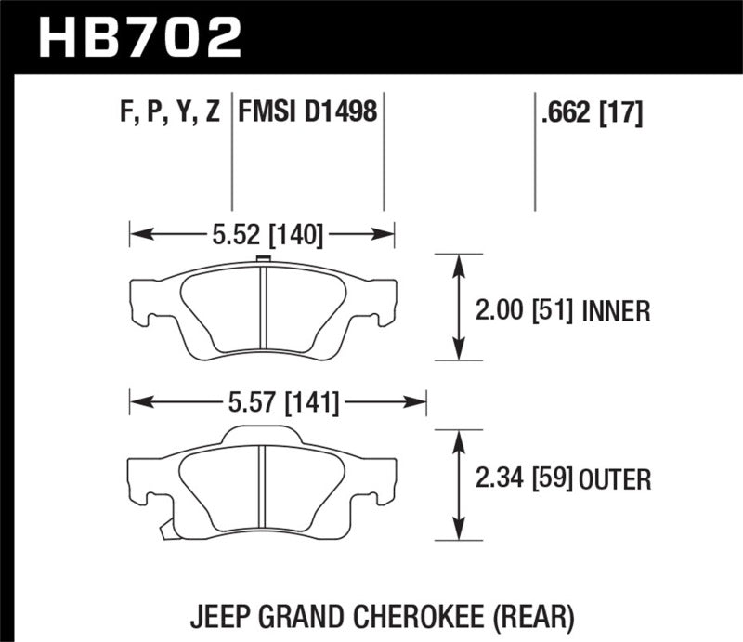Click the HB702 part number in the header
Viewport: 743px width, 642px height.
(138, 37)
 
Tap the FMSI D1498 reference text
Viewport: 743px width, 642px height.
(307, 113)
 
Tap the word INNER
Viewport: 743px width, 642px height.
(615, 309)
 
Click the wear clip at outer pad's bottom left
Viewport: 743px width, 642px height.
(167, 530)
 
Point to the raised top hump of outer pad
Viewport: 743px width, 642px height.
(262, 433)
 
